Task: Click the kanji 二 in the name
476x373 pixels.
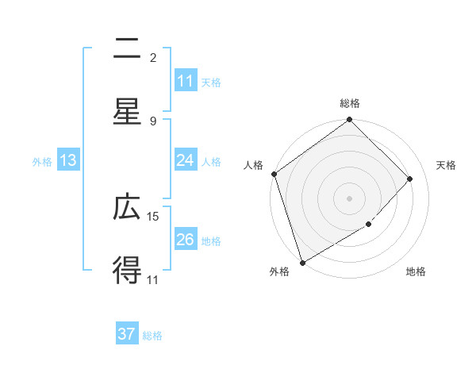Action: [127, 49]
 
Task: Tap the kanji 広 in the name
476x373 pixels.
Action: [127, 208]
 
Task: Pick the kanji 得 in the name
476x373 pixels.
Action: [127, 270]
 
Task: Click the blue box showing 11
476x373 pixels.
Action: [186, 81]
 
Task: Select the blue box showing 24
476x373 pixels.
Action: [186, 160]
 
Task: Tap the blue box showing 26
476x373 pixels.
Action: [186, 240]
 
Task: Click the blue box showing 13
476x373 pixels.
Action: [68, 160]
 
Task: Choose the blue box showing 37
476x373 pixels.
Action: [127, 334]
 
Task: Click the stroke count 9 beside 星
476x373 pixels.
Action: [153, 121]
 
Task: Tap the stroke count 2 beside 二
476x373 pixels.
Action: [153, 58]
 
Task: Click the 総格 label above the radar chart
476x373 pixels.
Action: [350, 103]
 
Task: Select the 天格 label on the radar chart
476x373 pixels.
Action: [446, 165]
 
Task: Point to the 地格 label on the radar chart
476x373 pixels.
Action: [416, 272]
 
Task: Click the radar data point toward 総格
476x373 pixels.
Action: [350, 121]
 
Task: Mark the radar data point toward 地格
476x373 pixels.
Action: [369, 225]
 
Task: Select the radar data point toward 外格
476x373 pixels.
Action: [302, 262]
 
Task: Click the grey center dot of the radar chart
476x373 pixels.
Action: [350, 198]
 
